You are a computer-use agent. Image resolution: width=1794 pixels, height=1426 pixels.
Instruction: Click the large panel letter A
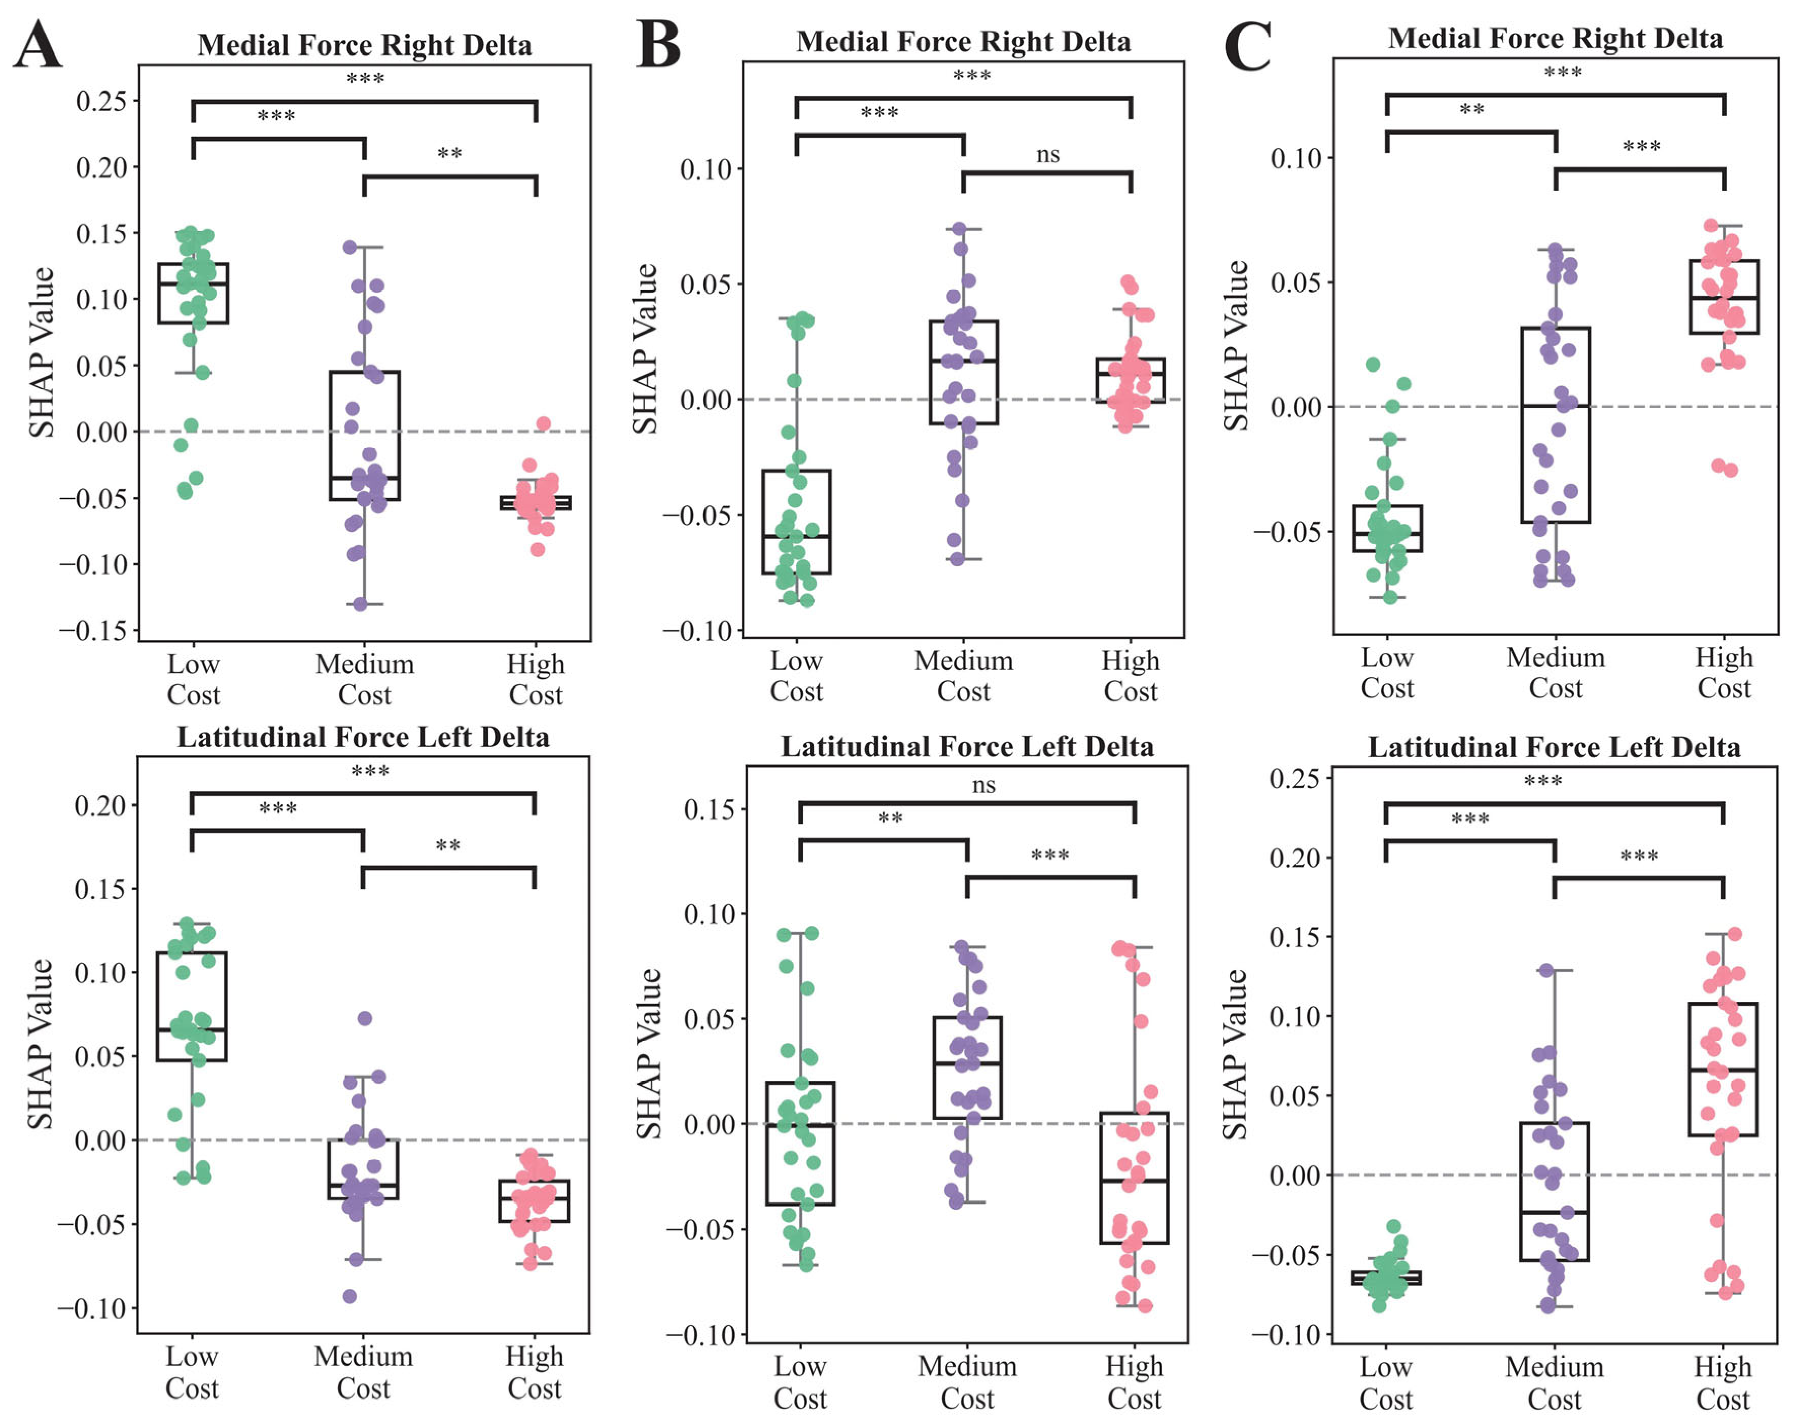(38, 46)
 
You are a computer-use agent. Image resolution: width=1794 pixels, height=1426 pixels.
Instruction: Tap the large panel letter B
(658, 43)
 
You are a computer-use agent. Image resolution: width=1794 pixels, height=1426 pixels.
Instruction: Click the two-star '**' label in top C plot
(1472, 110)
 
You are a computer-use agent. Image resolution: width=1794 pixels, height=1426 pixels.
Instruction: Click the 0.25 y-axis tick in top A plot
(101, 101)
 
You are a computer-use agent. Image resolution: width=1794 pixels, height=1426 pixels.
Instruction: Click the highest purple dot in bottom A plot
(365, 1018)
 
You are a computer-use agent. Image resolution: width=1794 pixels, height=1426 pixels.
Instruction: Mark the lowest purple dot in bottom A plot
(350, 1296)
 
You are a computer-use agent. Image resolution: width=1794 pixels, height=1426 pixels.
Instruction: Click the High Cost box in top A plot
(536, 503)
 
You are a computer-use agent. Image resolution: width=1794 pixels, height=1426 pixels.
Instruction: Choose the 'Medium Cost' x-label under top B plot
(964, 675)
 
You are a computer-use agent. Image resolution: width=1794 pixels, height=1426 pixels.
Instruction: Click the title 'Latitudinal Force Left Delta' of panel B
(967, 746)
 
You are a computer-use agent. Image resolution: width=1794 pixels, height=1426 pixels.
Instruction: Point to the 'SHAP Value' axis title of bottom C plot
(1236, 1054)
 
